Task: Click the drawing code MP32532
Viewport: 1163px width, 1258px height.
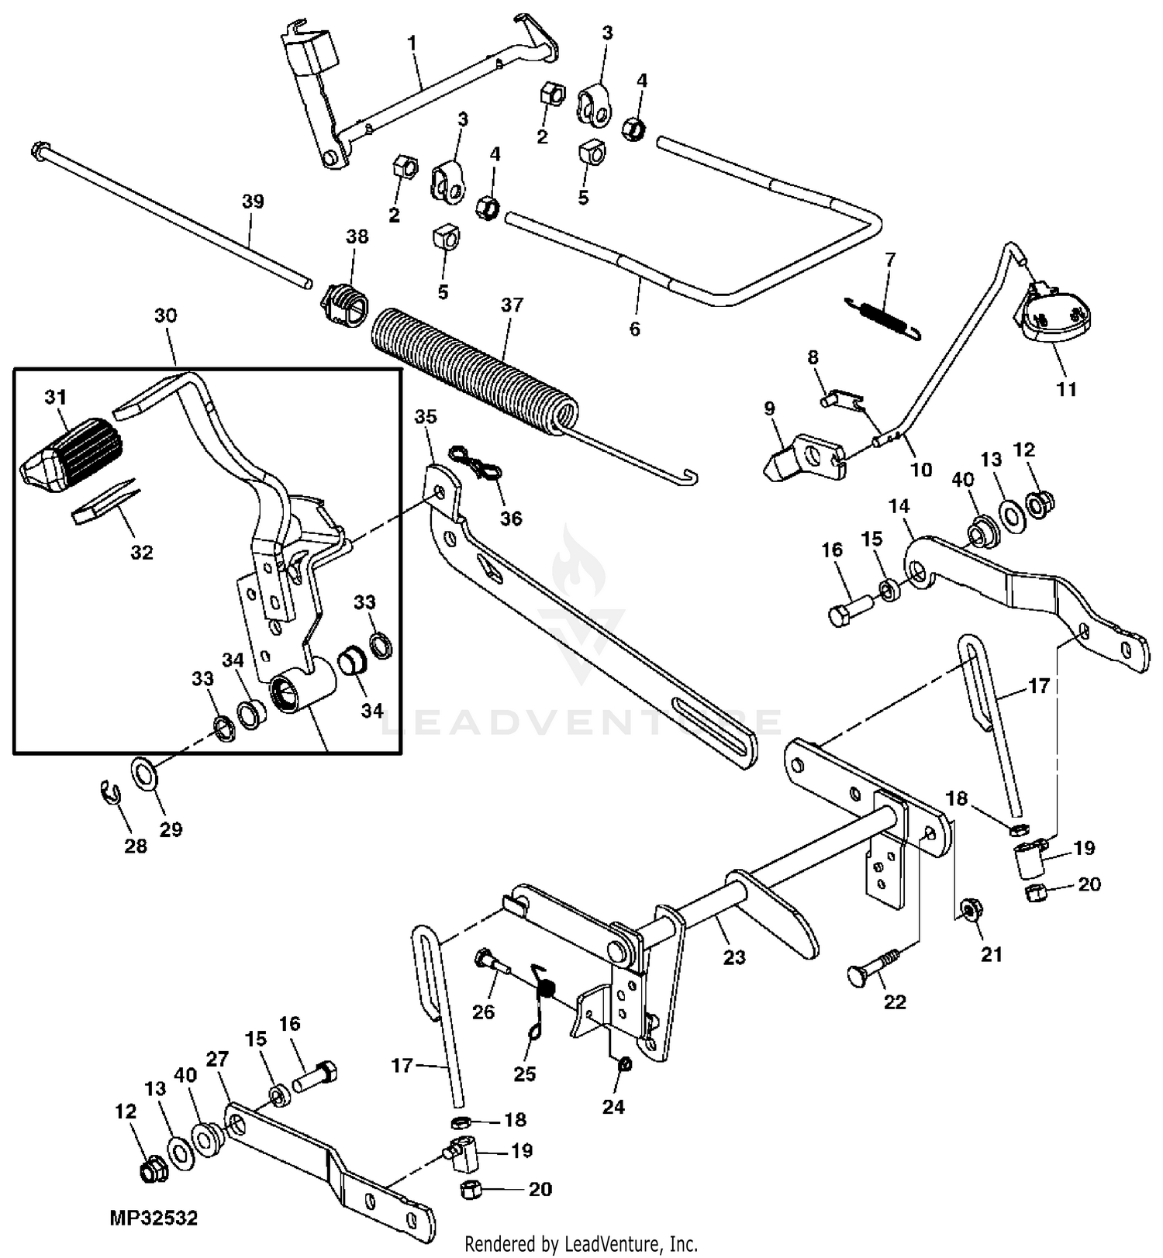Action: tap(154, 1218)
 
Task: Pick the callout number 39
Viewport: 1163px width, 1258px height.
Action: tap(253, 202)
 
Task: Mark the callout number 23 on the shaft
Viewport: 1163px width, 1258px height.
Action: tap(733, 956)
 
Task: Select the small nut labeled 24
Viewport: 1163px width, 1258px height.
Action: tap(625, 1064)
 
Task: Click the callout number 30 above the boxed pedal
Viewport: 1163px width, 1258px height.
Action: tap(165, 315)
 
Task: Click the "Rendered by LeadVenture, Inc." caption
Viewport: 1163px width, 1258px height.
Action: tap(581, 1244)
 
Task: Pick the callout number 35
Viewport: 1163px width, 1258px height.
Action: tap(426, 416)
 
